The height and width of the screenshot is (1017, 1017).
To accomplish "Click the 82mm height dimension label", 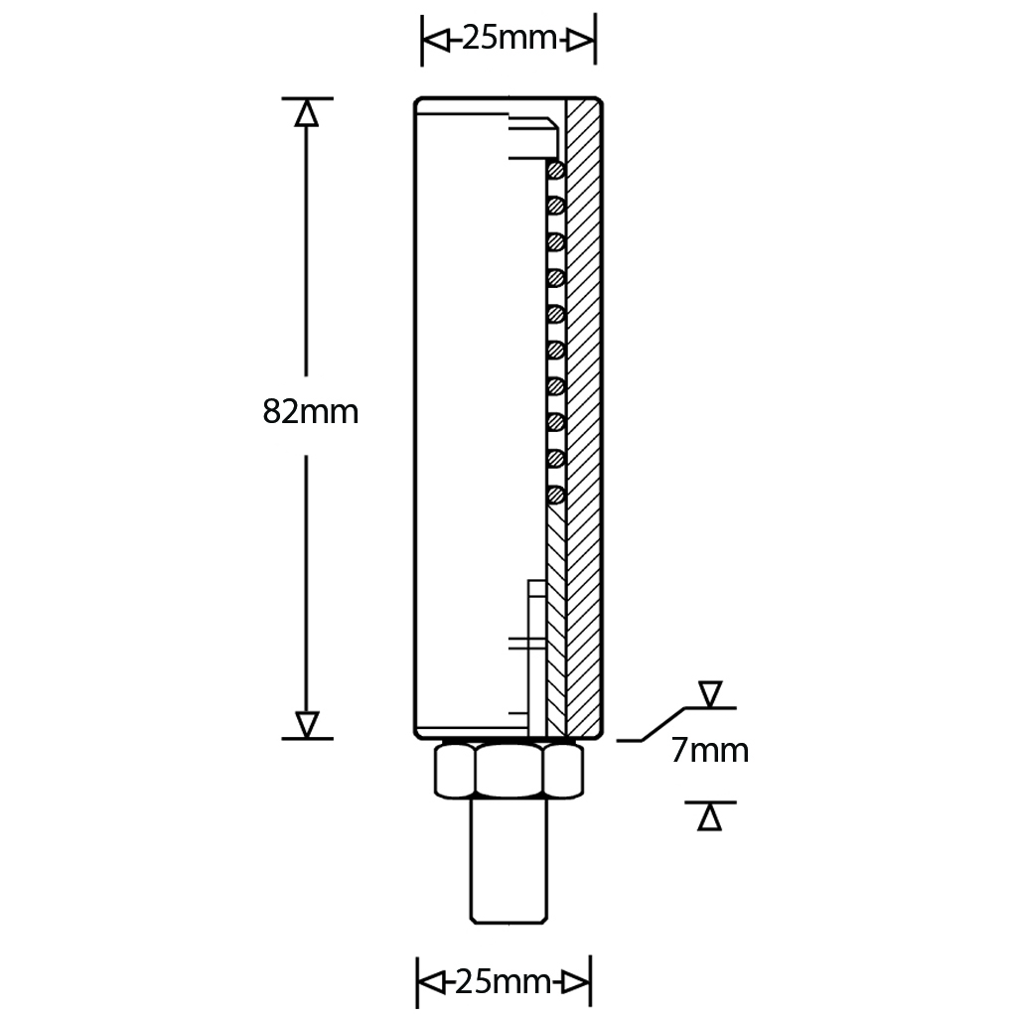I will (310, 411).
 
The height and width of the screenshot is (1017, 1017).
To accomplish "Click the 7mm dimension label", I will (709, 750).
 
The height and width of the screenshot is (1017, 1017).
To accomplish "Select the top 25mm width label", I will (508, 40).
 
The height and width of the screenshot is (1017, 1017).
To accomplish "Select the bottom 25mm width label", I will (503, 982).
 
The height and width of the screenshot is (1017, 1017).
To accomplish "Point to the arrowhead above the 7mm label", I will (710, 694).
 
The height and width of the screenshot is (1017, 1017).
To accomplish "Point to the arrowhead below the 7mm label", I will (709, 816).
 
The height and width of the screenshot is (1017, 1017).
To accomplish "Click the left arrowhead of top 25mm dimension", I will (435, 40).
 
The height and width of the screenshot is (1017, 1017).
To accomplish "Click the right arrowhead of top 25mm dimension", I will (581, 40).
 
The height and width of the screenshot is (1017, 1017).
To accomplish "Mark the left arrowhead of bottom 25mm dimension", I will (430, 982).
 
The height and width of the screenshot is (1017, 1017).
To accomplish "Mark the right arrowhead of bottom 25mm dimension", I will (576, 982).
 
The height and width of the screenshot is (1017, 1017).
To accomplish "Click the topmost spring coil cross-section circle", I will (556, 170).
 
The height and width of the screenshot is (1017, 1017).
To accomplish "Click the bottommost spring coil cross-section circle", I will (556, 494).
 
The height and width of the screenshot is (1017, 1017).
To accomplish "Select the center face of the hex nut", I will (509, 771).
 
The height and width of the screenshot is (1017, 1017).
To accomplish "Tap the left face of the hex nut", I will (454, 771).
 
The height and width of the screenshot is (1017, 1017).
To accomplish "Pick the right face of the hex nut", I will (564, 771).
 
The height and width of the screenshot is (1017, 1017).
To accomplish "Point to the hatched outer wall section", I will (583, 417).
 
